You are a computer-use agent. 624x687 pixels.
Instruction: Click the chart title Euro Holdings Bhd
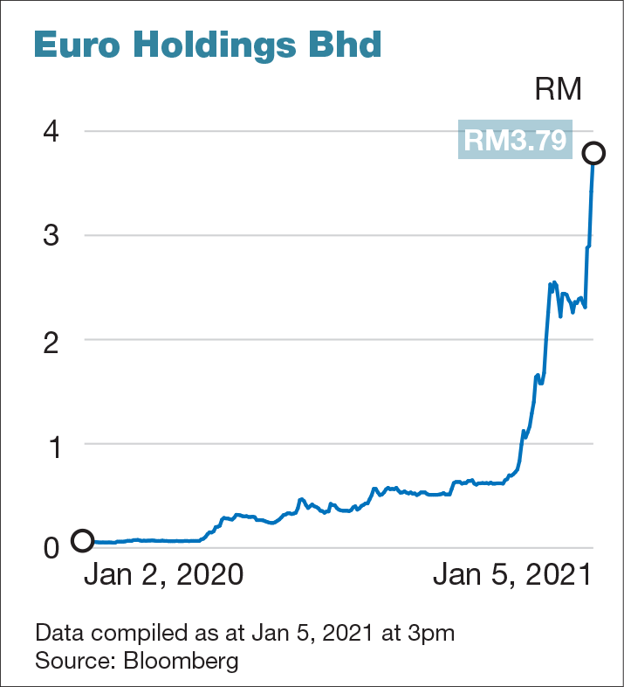point(208,45)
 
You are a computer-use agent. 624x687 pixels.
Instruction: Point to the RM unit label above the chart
point(558,89)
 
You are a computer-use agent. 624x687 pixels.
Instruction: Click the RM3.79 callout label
point(515,140)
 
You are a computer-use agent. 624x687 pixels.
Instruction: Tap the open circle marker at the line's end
point(594,153)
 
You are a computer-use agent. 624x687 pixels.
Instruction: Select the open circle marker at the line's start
point(82,541)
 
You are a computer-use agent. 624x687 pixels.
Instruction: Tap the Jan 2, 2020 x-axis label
point(163,576)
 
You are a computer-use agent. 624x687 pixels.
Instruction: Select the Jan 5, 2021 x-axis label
point(511,576)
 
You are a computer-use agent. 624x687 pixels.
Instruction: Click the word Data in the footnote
point(56,632)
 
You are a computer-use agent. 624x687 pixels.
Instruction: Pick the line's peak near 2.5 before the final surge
point(552,282)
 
